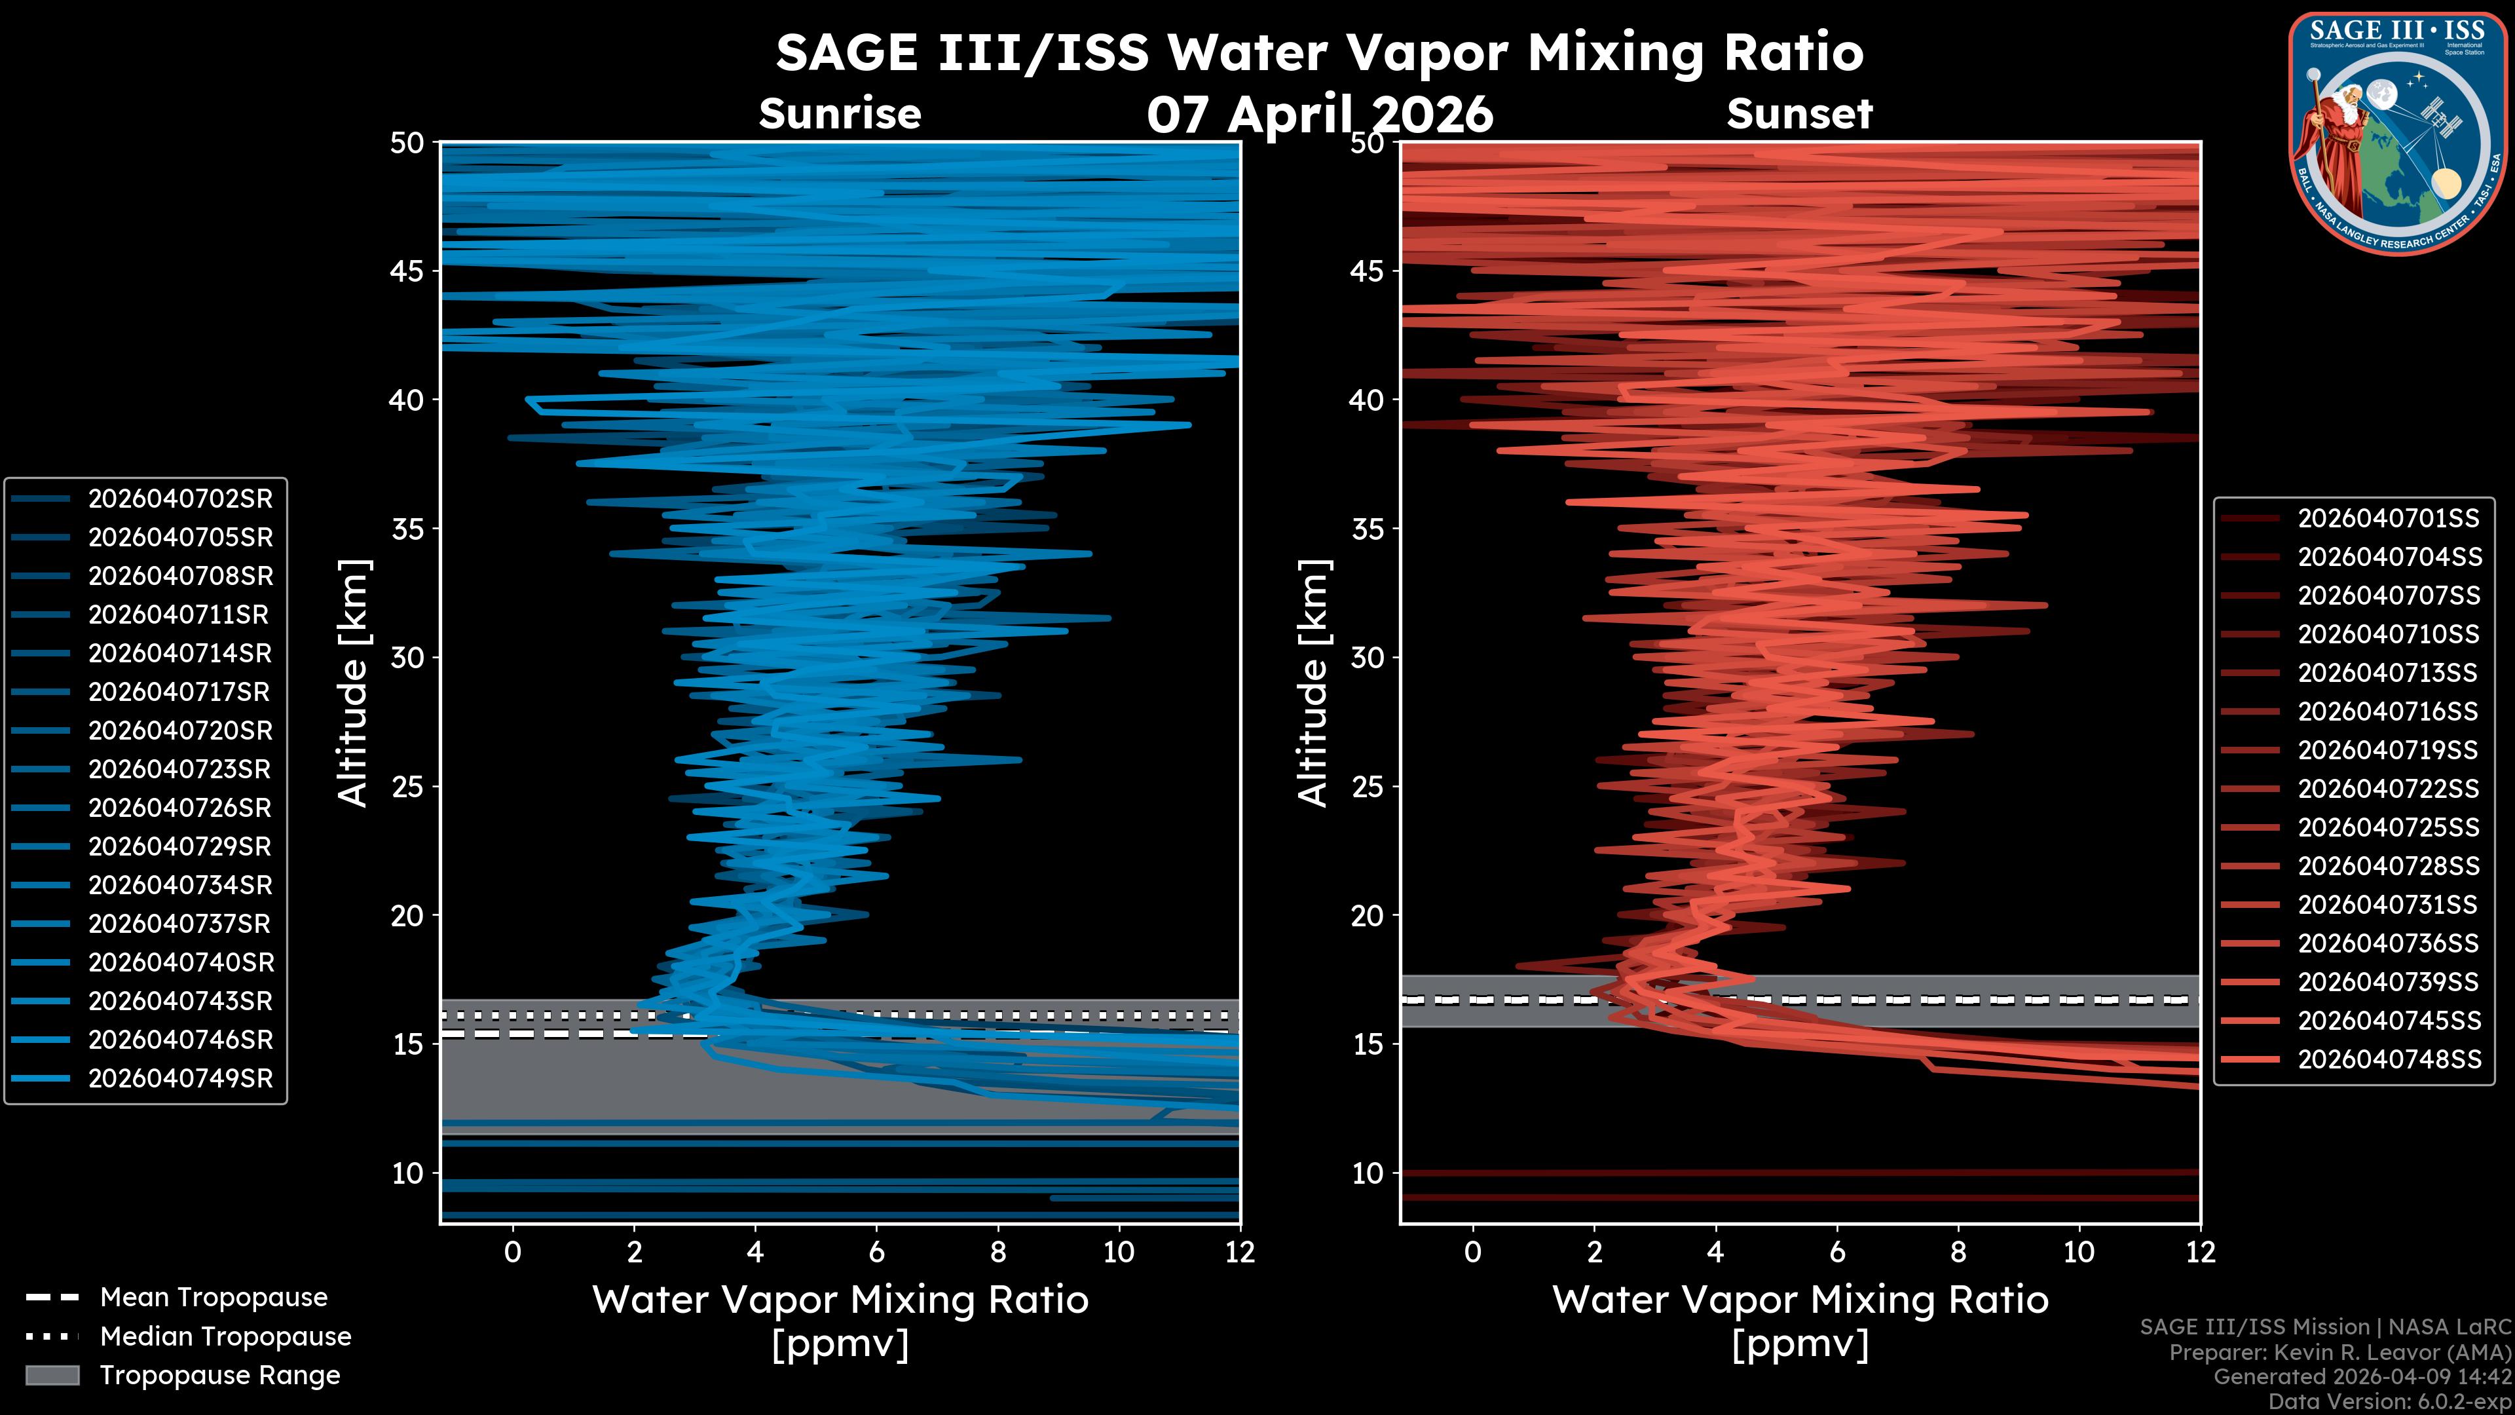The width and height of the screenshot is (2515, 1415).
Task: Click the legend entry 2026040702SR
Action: coord(179,499)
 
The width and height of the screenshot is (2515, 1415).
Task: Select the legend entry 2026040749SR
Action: coord(179,1079)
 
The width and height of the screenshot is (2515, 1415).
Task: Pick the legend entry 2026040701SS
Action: coord(2388,519)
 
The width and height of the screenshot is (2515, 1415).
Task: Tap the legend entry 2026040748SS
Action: coord(2388,1059)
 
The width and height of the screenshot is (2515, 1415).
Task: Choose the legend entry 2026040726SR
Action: coord(179,808)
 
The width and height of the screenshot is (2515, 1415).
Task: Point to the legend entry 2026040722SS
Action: coord(2388,789)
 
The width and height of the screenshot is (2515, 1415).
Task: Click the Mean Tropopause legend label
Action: coord(213,1298)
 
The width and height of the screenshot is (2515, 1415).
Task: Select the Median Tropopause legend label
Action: coord(225,1337)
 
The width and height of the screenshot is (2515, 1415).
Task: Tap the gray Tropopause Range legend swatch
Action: coord(52,1376)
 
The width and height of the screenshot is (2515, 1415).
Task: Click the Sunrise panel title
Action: coord(840,114)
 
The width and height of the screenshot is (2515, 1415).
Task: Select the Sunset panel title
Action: coord(1799,114)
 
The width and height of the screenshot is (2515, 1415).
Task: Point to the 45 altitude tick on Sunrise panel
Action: coord(407,271)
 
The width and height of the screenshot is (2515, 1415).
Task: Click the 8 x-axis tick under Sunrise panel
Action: coord(997,1252)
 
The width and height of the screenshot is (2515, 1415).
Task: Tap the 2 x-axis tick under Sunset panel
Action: coord(1594,1252)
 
